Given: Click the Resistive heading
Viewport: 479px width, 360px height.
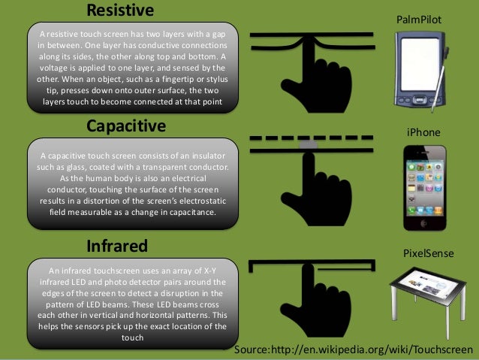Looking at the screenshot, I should [x=120, y=10].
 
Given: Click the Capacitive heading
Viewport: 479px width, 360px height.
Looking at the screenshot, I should [x=125, y=125].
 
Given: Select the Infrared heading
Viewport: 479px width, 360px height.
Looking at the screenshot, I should [x=116, y=245].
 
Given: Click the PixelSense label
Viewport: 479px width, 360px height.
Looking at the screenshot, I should [x=429, y=253].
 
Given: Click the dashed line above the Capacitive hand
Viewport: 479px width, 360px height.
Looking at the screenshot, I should [x=309, y=138].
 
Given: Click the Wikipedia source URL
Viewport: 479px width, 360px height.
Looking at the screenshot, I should [x=354, y=351].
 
